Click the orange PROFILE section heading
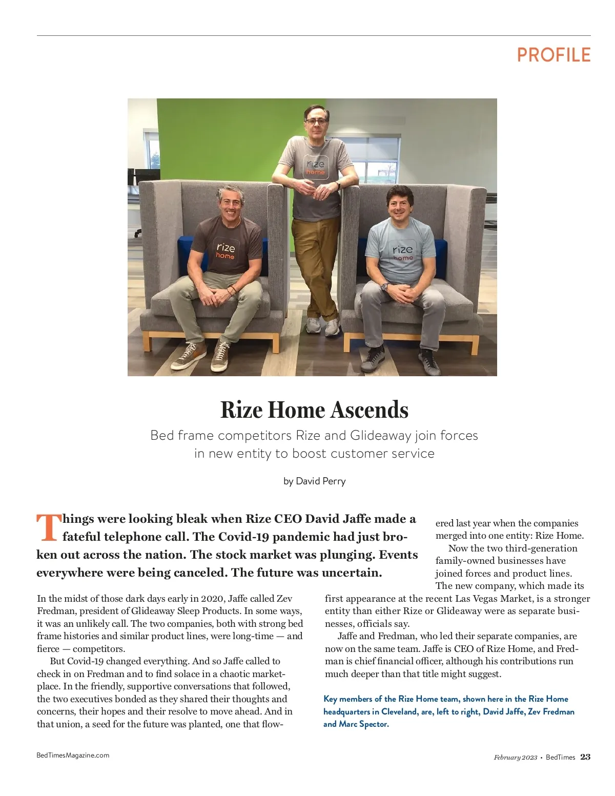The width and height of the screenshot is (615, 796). point(553,55)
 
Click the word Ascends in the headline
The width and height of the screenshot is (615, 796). point(369,410)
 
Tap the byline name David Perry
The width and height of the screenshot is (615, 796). point(321,481)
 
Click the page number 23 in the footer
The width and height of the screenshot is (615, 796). point(585,757)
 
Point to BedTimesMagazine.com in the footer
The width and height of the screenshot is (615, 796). point(73,755)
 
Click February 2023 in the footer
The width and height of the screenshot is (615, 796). point(516,758)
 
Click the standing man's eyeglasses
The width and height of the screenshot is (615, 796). point(316,121)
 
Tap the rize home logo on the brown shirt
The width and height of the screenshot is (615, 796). point(225,250)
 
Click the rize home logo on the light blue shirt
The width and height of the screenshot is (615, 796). point(402,252)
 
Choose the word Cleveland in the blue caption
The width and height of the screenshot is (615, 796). point(400,711)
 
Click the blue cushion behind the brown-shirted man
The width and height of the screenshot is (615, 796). point(184,251)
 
